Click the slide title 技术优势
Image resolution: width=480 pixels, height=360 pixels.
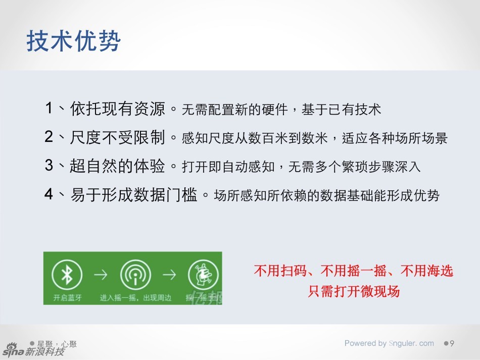(74, 41)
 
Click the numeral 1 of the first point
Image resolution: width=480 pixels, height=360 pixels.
(49, 108)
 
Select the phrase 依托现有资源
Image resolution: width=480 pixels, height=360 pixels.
(117, 109)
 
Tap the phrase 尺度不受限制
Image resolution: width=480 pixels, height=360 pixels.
(117, 137)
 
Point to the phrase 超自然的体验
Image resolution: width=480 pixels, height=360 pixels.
(117, 166)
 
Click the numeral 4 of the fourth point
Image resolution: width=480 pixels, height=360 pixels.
(49, 194)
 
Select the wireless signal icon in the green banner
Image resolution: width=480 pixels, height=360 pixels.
(135, 275)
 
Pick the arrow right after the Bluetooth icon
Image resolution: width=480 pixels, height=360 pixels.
(101, 275)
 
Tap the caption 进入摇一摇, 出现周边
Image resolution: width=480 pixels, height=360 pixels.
(135, 298)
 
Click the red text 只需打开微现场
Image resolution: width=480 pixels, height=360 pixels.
(354, 291)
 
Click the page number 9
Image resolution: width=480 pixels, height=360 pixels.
(452, 344)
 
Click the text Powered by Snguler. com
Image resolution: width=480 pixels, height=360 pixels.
(389, 343)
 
